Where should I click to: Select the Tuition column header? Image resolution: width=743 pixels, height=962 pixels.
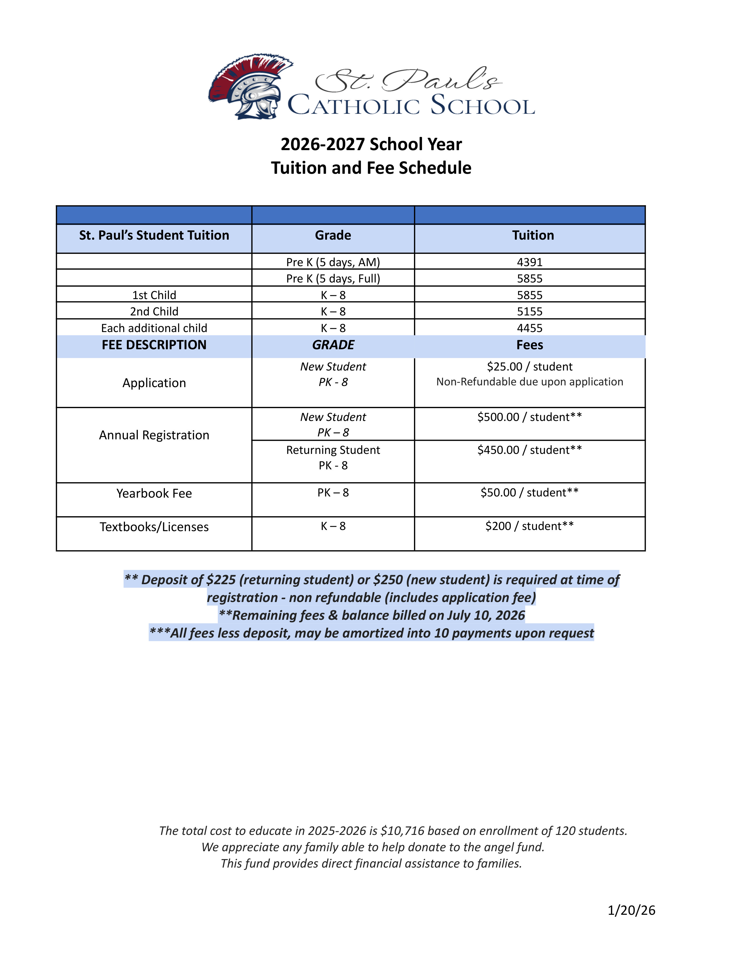pos(533,235)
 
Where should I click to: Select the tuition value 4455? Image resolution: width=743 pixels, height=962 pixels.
pos(529,328)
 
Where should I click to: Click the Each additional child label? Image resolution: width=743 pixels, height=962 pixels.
pos(154,328)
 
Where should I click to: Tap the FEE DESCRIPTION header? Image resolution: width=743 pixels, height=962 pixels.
pos(154,345)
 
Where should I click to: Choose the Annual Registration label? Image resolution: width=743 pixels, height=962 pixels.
pos(154,435)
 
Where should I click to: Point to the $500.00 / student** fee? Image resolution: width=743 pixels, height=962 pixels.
pos(529,417)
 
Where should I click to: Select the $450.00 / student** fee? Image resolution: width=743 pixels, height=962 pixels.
pos(529,450)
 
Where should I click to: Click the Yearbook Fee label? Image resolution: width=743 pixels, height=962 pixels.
pos(154,493)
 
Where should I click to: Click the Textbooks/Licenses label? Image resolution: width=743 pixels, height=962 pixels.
pos(154,527)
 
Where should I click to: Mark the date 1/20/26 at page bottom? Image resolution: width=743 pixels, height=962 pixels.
pos(631,910)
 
